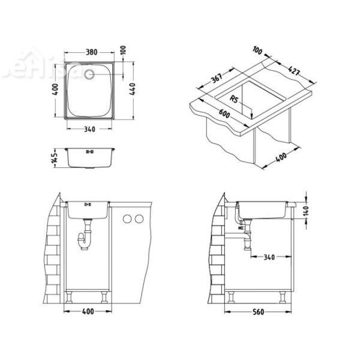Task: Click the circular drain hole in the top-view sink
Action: tap(88, 75)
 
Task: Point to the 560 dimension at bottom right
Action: tap(259, 313)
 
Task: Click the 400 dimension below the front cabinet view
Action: tap(88, 313)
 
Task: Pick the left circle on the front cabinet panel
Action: tap(126, 220)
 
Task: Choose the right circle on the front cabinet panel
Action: tap(139, 220)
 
